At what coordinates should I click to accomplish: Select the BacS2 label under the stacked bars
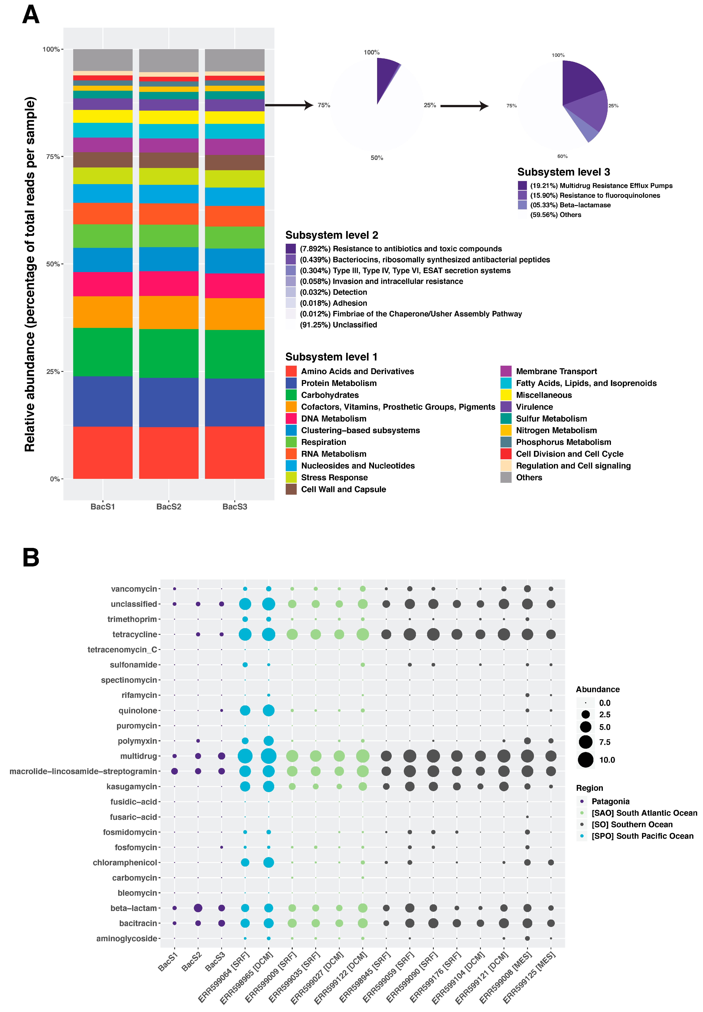click(x=169, y=507)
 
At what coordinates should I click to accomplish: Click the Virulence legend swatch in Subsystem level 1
click(x=506, y=407)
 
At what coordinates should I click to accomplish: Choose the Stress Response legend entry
click(x=334, y=477)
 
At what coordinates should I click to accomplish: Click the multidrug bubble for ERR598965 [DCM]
click(x=268, y=756)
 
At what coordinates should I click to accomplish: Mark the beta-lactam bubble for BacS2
click(x=198, y=908)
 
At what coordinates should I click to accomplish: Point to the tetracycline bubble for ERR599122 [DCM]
click(x=362, y=634)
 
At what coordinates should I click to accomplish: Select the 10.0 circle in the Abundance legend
click(x=585, y=760)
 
